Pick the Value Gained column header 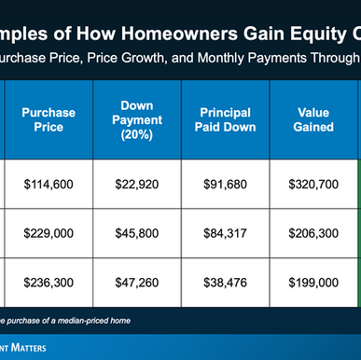pos(312,120)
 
